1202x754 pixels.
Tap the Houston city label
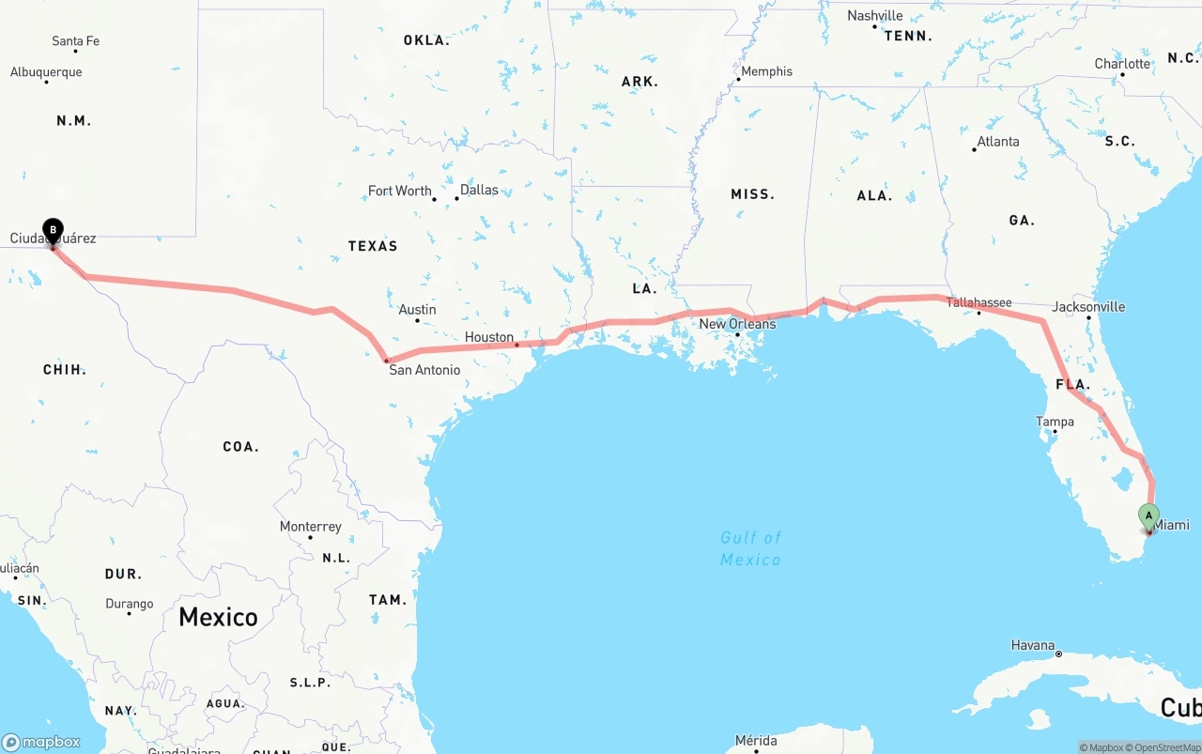pyautogui.click(x=488, y=337)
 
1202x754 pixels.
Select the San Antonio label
pyautogui.click(x=424, y=370)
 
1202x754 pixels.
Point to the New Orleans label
pyautogui.click(x=737, y=324)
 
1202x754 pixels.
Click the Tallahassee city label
pyautogui.click(x=979, y=302)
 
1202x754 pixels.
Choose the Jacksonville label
pyautogui.click(x=1088, y=307)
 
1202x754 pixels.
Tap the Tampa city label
pyautogui.click(x=1055, y=422)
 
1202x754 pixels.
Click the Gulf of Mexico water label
pyautogui.click(x=750, y=548)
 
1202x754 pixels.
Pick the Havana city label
pyautogui.click(x=1033, y=645)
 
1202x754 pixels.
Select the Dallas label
pyautogui.click(x=479, y=190)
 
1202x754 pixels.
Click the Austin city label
pyautogui.click(x=417, y=310)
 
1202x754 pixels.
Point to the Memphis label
pyautogui.click(x=766, y=71)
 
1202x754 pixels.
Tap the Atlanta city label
pyautogui.click(x=997, y=142)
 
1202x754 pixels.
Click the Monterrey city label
pyautogui.click(x=310, y=527)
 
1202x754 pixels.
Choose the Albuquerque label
pyautogui.click(x=46, y=72)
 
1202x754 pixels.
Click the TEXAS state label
pyautogui.click(x=373, y=246)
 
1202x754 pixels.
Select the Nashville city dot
pyautogui.click(x=874, y=26)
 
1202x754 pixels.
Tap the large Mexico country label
pyautogui.click(x=218, y=617)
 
